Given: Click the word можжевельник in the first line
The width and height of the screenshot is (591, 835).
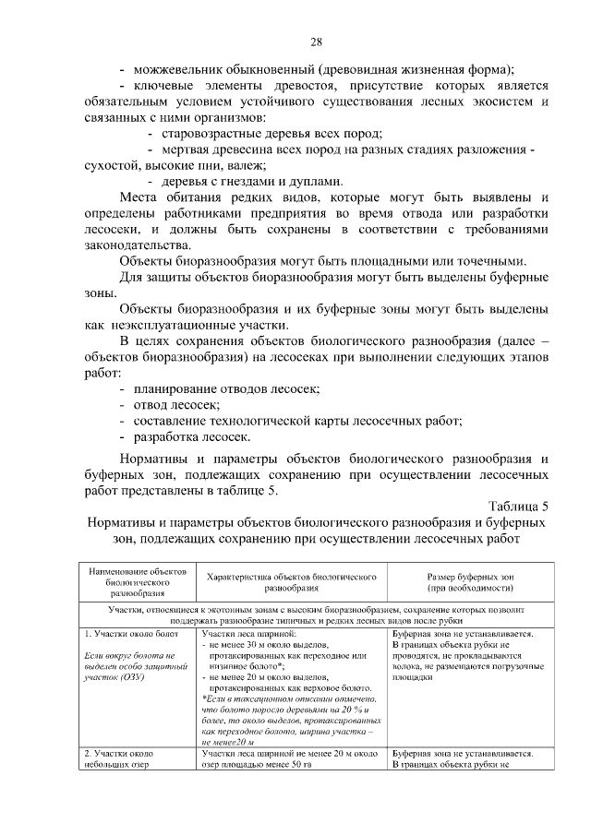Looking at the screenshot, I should pyautogui.click(x=184, y=69).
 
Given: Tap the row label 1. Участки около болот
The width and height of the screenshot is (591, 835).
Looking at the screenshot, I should pyautogui.click(x=125, y=635).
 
